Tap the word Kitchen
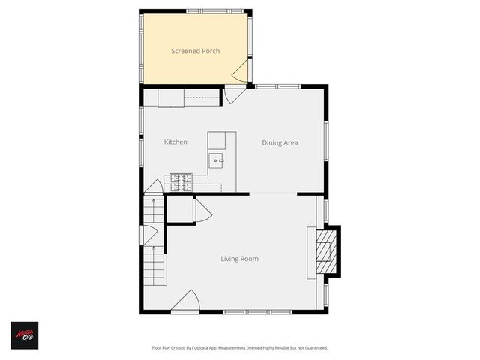click(175, 142)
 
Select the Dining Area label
click(280, 142)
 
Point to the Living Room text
click(239, 259)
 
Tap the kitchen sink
click(217, 160)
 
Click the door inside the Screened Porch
click(241, 72)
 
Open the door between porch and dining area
click(235, 95)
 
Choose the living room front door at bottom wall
click(185, 301)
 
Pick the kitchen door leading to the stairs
click(154, 187)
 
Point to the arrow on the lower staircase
click(154, 262)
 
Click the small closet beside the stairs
click(180, 209)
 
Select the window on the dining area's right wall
click(326, 142)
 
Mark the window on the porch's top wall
click(205, 11)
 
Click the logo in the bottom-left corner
click(24, 334)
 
